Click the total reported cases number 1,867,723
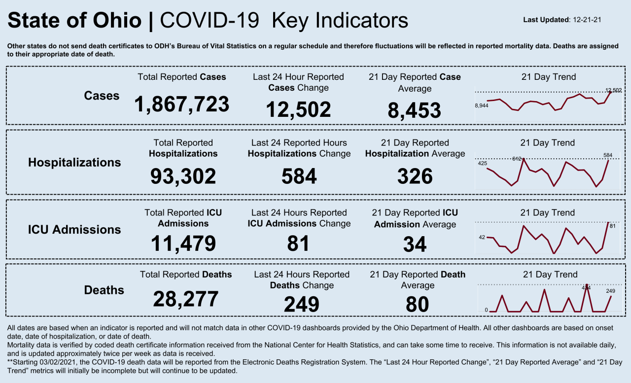(x=182, y=104)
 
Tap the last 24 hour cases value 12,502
(x=298, y=109)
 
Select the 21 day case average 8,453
(x=414, y=110)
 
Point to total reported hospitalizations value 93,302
(x=183, y=176)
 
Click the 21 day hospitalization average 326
(x=415, y=176)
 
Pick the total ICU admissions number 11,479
(x=183, y=244)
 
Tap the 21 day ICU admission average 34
(x=415, y=244)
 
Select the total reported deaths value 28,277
(x=185, y=299)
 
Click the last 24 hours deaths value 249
(x=301, y=304)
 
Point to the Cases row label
(x=102, y=96)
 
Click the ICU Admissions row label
(x=74, y=230)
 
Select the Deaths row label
(x=104, y=290)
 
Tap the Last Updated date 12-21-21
(x=586, y=20)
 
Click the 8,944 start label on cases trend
(x=482, y=105)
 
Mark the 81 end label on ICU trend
(x=613, y=226)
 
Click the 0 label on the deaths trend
(x=486, y=310)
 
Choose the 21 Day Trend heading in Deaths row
(x=549, y=275)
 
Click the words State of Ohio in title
(x=74, y=21)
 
